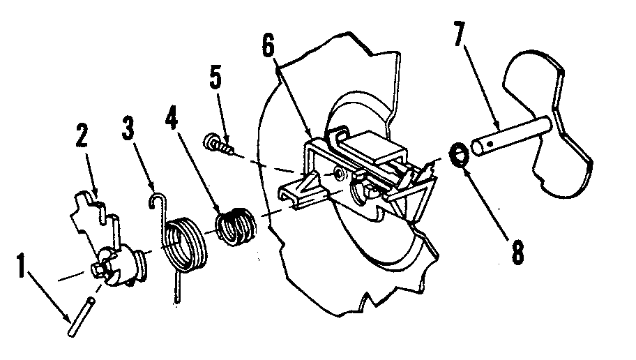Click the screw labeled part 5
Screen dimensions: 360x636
pyautogui.click(x=218, y=145)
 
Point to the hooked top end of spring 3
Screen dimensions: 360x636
pyautogui.click(x=158, y=200)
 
